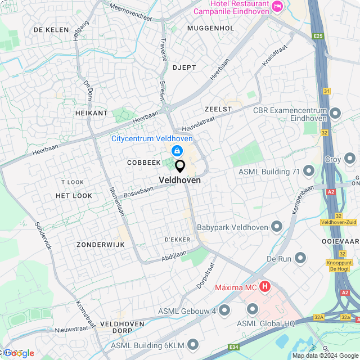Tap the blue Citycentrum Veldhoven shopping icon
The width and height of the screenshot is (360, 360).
pos(177,150)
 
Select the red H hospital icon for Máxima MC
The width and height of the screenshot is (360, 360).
pos(264,287)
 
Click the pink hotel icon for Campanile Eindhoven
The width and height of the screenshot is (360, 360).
pos(277,6)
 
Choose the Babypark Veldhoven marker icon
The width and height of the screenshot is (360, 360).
pos(276,227)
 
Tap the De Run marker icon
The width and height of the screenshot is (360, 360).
pos(300,258)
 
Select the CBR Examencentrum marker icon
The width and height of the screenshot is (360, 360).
pos(335,114)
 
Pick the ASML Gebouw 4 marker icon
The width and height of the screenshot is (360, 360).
pos(224,310)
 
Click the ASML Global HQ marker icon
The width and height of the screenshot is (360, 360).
pos(252,309)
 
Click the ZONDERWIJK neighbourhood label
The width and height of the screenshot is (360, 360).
pos(101,245)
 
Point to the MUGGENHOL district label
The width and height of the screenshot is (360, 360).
pos(210,28)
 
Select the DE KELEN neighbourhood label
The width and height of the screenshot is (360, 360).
pos(51,29)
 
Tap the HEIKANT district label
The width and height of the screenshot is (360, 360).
pos(91,113)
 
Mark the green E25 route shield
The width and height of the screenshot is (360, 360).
pos(319,37)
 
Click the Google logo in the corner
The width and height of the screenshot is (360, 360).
pos(18,353)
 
